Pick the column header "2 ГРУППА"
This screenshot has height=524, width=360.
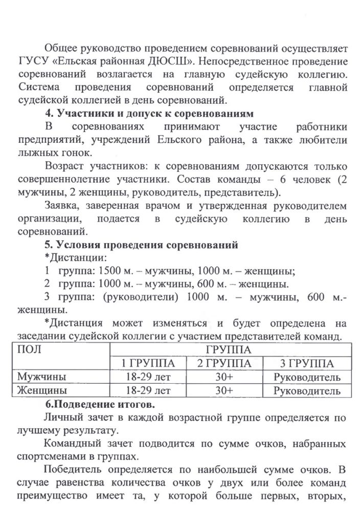click(x=224, y=364)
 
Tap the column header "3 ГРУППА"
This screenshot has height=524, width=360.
click(x=307, y=364)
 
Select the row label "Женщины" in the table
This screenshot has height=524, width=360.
click(x=42, y=391)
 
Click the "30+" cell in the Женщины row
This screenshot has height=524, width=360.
click(x=224, y=391)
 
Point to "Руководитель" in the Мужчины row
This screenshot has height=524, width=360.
click(x=307, y=378)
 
